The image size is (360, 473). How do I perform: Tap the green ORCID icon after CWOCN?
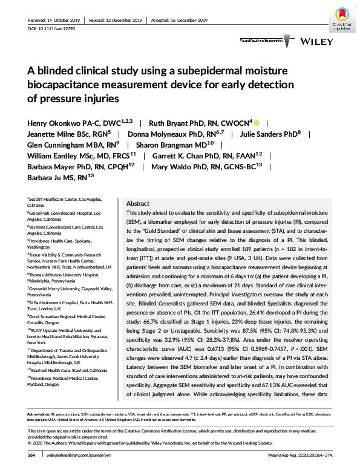(x=256, y=122)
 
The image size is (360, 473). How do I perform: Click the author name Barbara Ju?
(x=49, y=178)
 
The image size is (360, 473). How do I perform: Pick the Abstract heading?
(x=137, y=204)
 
